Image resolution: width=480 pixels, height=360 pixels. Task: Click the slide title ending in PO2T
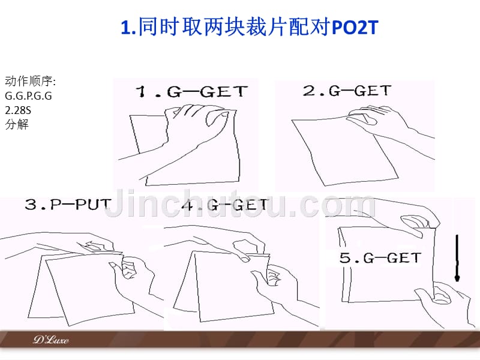[x=250, y=27]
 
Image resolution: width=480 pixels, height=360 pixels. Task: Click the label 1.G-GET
[x=191, y=91]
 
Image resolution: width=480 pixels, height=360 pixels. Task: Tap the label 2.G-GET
[x=347, y=91]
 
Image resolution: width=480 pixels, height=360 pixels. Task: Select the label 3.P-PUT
[x=67, y=204]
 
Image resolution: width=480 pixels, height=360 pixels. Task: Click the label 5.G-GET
[x=380, y=258]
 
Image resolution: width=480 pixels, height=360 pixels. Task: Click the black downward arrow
[x=457, y=258]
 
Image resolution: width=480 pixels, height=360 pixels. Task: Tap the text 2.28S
[x=18, y=110]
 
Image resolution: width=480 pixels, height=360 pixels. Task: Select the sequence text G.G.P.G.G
[x=28, y=96]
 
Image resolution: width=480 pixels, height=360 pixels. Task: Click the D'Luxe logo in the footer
[x=51, y=340]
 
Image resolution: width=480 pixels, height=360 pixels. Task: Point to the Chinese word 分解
[x=17, y=124]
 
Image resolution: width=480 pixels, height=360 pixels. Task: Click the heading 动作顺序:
[x=31, y=82]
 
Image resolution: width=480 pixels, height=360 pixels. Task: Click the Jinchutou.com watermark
[x=241, y=203]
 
